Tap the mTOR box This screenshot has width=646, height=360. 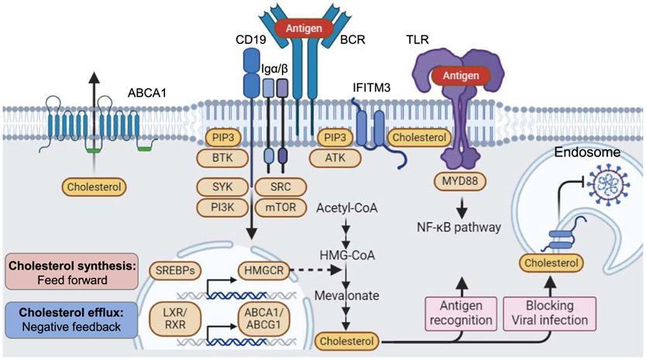[x=277, y=209]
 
